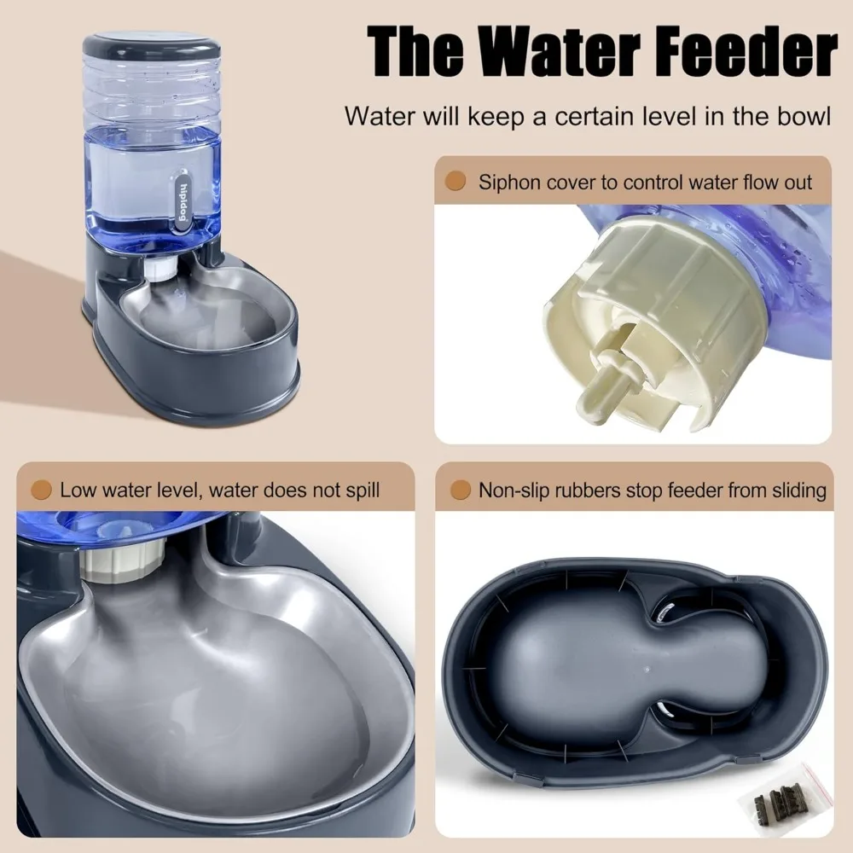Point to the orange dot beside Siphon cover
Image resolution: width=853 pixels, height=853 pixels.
[x=457, y=181]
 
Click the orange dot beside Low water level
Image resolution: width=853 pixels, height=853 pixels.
[x=39, y=490]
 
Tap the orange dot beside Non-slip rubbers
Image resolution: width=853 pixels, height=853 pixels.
[x=461, y=490]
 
